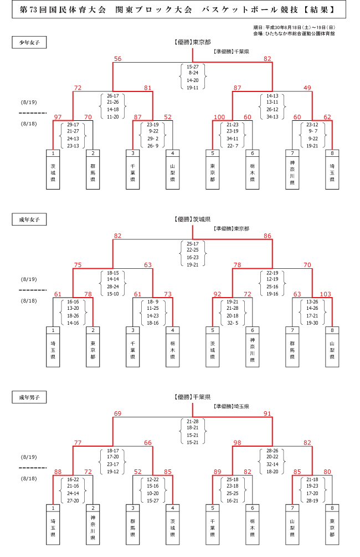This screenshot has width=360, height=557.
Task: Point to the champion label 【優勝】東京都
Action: pyautogui.click(x=192, y=42)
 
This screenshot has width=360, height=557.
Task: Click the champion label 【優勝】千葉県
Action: pyautogui.click(x=192, y=397)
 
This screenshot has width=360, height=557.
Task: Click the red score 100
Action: pyautogui.click(x=219, y=117)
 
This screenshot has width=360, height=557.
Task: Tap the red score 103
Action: pyautogui.click(x=325, y=295)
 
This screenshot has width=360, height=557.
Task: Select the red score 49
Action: pyautogui.click(x=308, y=88)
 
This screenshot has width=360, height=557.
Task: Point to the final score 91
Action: pyautogui.click(x=268, y=413)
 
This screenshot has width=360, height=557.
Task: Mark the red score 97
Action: pyautogui.click(x=58, y=117)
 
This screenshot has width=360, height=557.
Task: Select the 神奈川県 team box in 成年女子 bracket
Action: pyautogui.click(x=253, y=347)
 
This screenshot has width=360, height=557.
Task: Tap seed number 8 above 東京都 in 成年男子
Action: pyautogui.click(x=332, y=508)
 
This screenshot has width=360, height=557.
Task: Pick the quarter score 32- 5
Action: pyautogui.click(x=232, y=323)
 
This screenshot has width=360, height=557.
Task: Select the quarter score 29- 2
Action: pyautogui.click(x=153, y=139)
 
